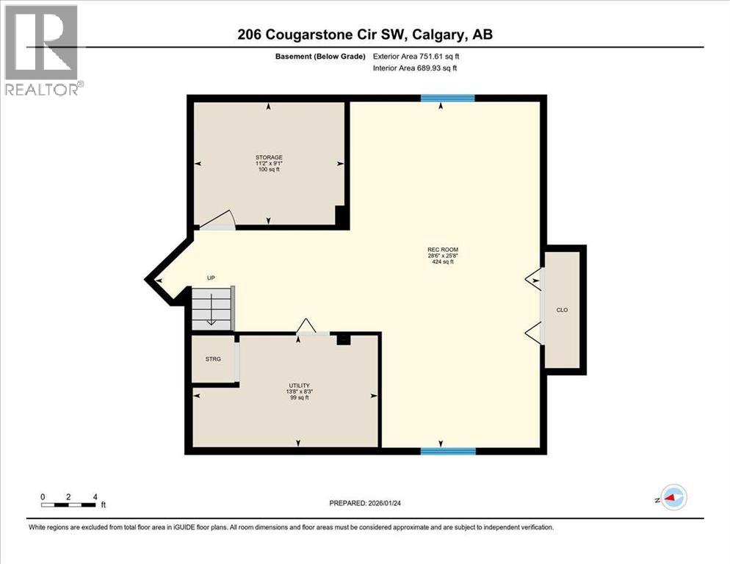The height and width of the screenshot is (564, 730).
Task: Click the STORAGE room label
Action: coord(269,157)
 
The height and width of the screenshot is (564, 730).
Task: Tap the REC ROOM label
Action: coord(443,250)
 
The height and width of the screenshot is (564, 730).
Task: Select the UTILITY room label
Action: coord(298,386)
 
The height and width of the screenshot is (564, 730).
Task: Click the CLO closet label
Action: coord(562,310)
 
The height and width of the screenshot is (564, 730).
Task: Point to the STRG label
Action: coord(213,360)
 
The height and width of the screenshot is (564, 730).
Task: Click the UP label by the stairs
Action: coord(211,278)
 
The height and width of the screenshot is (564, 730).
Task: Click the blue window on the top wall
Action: coord(447,98)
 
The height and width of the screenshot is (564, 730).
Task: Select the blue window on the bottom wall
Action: coord(447,451)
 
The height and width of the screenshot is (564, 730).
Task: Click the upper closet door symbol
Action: coord(534,278)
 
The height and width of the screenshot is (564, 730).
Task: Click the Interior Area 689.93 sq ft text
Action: coord(419,68)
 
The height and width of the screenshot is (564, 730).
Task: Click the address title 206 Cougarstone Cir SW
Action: coord(364,35)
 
